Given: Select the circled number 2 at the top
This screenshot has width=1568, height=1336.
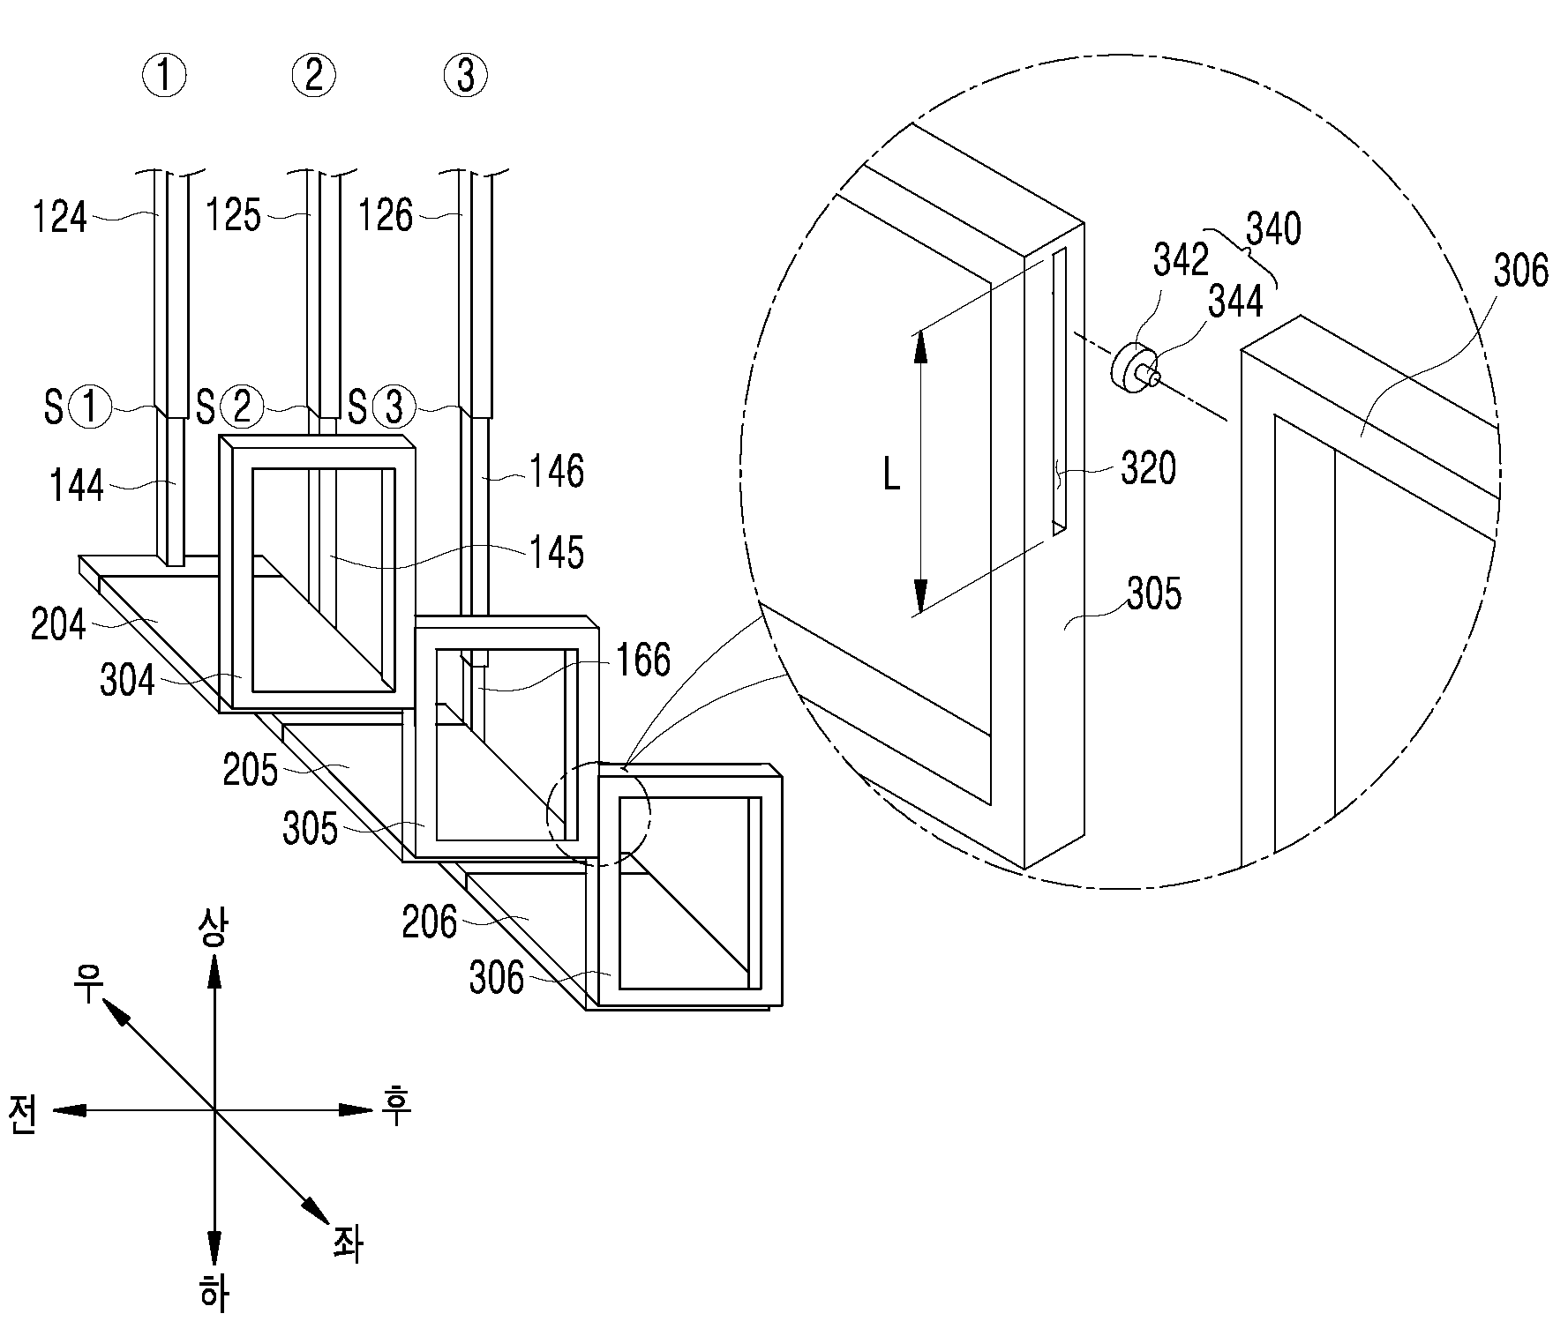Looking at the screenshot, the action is point(313,77).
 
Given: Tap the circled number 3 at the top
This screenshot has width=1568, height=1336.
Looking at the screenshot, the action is point(466,77).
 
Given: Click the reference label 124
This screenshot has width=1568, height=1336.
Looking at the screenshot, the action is point(60,217).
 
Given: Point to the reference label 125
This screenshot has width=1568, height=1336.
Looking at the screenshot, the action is point(234,215).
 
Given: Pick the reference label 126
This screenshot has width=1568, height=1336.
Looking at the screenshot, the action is point(386,215).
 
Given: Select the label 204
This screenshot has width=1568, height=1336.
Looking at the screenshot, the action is point(58,625).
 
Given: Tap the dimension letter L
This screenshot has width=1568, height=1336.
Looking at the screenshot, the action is point(891,478).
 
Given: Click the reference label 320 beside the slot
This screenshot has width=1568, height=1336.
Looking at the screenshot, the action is point(1148,469).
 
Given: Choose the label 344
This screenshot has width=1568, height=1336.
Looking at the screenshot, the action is point(1235,302).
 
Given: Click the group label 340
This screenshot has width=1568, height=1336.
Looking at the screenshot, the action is point(1273,229).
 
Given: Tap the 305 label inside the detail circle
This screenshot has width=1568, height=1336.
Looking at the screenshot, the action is point(1153,594).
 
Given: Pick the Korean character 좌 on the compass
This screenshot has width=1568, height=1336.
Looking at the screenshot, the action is point(347,1244).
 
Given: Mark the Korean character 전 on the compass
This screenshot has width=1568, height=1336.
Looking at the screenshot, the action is point(24,1115).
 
